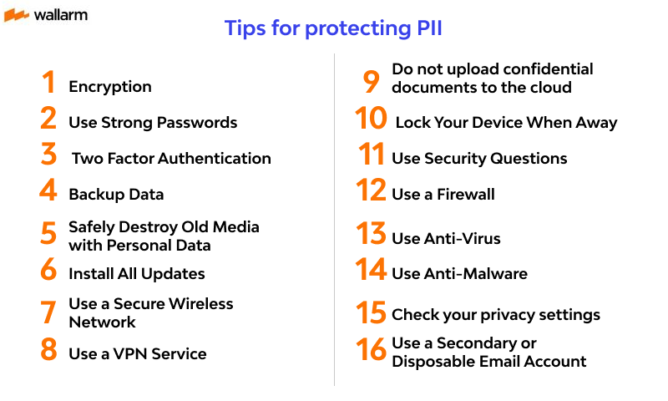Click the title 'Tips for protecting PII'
pos(333,28)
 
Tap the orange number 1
pos(49,84)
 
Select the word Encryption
pos(110,87)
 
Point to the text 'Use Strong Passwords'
pos(153,123)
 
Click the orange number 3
pos(49,155)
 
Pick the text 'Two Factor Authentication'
pos(171,159)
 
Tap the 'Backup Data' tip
pos(116,195)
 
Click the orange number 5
pos(49,234)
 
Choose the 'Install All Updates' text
pos(136,274)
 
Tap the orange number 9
pos(371,80)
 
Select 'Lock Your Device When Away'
pos(506,123)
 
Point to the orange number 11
pos(372,155)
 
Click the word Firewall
pos(465,195)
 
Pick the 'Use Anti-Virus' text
pos(446,239)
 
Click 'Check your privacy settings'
pos(496,315)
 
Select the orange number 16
pos(372,350)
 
